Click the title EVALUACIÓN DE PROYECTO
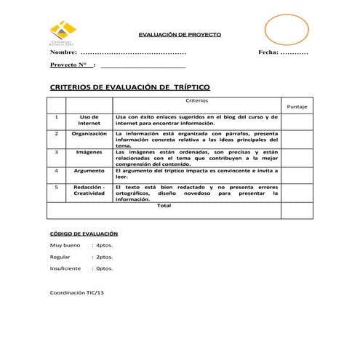[180, 35]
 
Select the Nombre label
[63, 53]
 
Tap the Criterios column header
[196, 100]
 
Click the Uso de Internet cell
[89, 120]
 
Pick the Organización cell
[89, 134]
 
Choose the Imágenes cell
[89, 153]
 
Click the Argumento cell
[89, 170]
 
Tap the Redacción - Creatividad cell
[89, 191]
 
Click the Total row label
[164, 206]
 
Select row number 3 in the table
[56, 153]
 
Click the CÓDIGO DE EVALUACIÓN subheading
[79, 234]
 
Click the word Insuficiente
[65, 268]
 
